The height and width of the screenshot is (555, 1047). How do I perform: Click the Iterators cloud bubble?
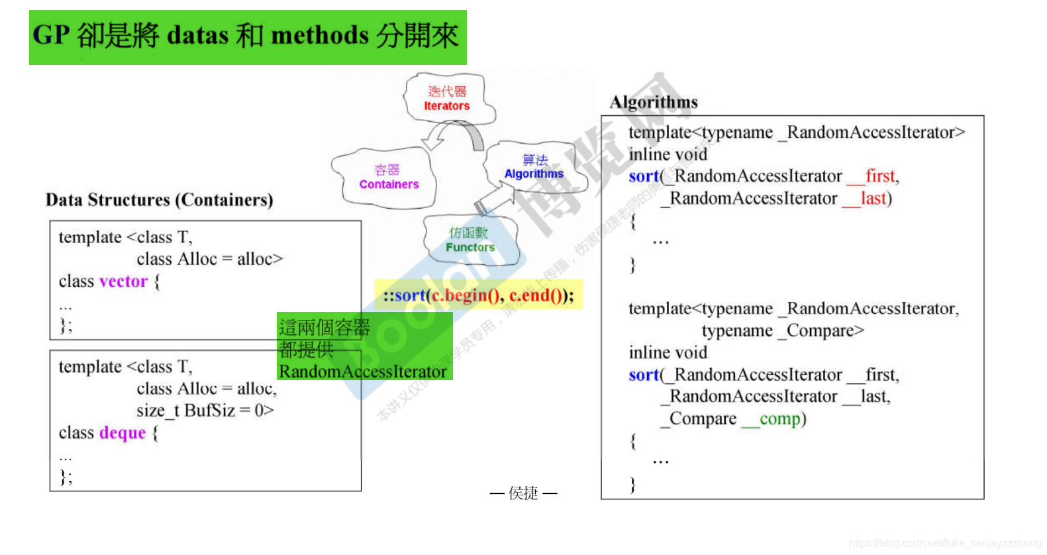click(448, 99)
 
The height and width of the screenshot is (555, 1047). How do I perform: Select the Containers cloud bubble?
click(388, 177)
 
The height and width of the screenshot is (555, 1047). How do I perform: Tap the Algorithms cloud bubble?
click(534, 167)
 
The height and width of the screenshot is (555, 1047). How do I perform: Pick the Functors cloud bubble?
click(470, 240)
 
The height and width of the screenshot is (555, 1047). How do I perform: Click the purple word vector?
click(123, 281)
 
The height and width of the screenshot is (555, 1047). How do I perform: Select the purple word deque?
click(122, 432)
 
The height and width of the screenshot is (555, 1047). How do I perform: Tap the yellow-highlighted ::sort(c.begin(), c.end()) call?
click(478, 295)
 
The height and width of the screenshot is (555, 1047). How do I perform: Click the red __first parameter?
click(872, 176)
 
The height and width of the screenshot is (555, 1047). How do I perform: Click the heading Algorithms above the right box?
click(654, 102)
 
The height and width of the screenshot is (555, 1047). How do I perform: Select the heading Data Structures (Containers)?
click(159, 200)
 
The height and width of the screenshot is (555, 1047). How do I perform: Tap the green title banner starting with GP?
click(247, 36)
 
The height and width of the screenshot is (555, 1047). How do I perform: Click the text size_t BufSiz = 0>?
click(205, 411)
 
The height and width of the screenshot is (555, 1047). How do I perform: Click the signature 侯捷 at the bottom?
click(523, 493)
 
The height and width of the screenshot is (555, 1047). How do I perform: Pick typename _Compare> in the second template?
click(782, 330)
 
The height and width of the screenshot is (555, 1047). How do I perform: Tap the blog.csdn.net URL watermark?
click(945, 543)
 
